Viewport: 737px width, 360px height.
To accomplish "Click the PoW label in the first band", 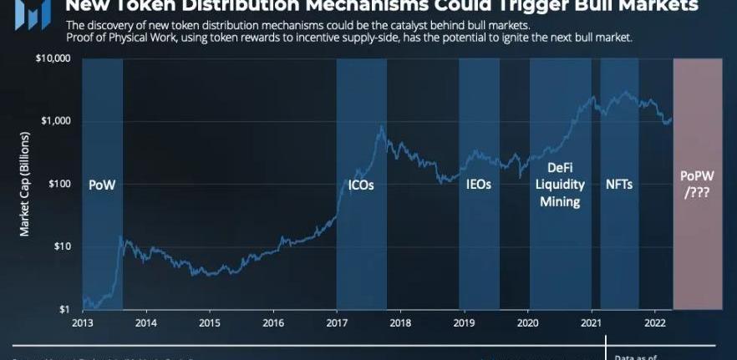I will tap(102, 185).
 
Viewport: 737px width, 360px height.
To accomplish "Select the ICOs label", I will tap(361, 185).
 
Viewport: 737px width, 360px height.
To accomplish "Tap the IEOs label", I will tap(478, 185).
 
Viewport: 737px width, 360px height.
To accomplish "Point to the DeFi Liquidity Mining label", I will tap(560, 185).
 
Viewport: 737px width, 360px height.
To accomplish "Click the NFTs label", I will tap(619, 185).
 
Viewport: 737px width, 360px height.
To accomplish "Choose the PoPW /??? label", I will tap(698, 184).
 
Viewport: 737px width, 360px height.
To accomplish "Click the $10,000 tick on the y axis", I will tap(53, 59).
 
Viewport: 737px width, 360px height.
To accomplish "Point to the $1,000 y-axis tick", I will tap(55, 121).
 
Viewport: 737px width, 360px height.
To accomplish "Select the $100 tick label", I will tap(58, 184).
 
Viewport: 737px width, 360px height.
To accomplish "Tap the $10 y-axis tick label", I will tap(61, 246).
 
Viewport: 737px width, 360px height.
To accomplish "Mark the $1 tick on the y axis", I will tap(64, 310).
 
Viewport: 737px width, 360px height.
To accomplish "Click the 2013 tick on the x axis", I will tap(83, 323).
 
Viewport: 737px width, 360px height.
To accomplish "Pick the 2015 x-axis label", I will tap(210, 323).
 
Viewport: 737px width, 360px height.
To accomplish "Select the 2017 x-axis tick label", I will tap(337, 323).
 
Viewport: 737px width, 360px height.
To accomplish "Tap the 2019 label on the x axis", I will tap(465, 323).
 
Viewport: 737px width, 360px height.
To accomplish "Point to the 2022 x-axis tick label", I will tap(655, 323).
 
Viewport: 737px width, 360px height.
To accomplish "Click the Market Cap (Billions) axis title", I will tap(25, 175).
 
